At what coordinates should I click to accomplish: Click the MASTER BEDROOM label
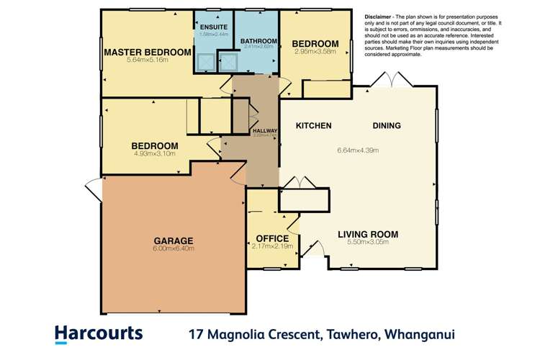point(147,52)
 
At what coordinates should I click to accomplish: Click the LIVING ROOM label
point(368,234)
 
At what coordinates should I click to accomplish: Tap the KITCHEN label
point(314,126)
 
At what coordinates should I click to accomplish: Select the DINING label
point(387,126)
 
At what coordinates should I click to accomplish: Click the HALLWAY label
point(265,130)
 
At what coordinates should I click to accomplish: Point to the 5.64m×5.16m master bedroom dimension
point(147,60)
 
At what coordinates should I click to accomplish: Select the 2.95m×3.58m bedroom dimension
point(315,51)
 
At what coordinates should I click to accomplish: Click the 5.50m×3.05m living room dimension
point(368,243)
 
